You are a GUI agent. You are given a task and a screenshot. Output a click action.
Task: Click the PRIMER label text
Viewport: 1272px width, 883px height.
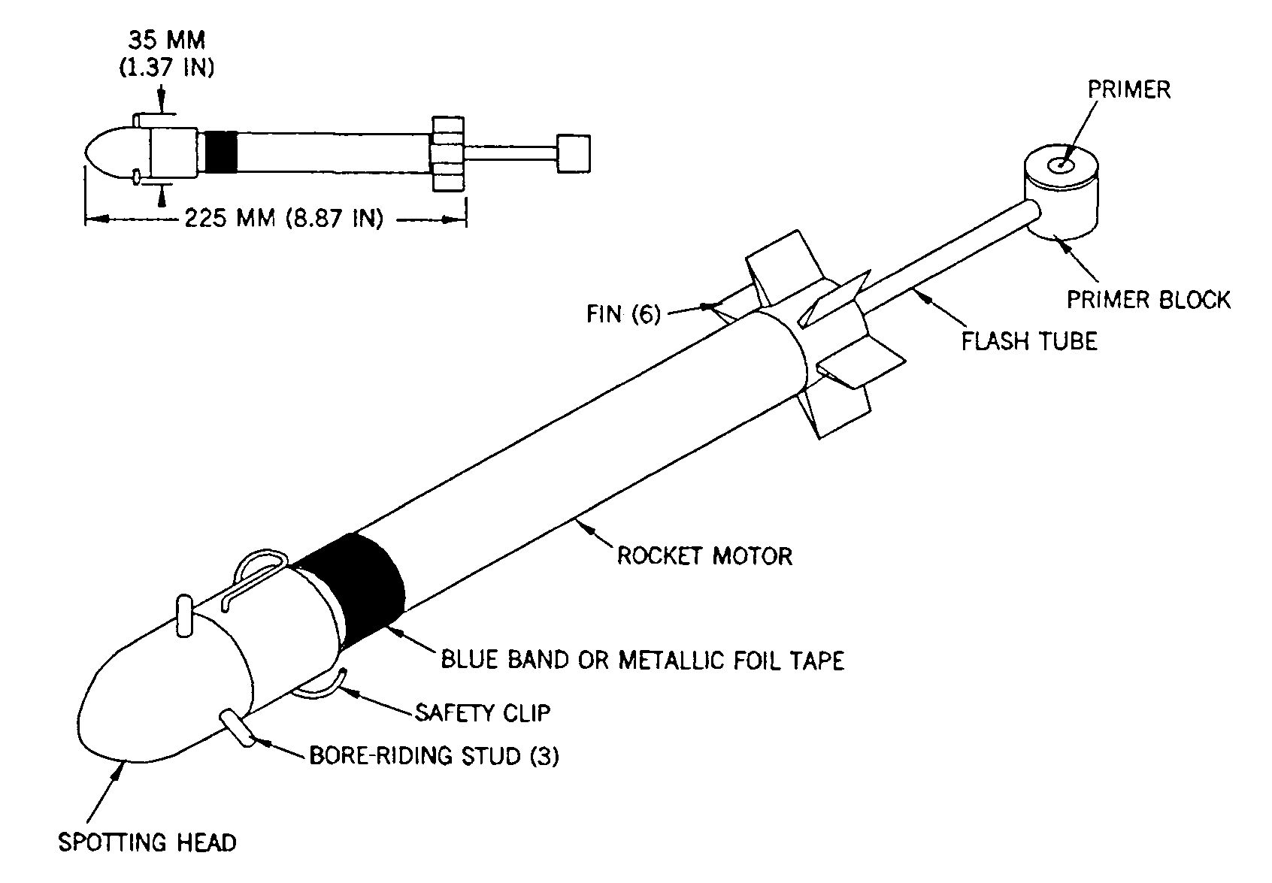coord(1128,89)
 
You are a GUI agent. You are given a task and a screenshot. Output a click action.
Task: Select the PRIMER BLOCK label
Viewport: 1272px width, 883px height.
coord(1148,299)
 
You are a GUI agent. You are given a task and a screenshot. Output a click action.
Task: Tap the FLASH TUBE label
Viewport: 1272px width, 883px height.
coord(1029,341)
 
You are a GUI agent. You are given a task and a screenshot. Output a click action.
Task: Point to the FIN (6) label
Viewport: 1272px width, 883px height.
coord(624,314)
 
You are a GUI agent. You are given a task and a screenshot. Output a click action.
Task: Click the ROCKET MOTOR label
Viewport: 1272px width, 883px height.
coord(704,555)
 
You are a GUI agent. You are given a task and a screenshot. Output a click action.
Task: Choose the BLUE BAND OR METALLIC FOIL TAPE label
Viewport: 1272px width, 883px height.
coord(642,660)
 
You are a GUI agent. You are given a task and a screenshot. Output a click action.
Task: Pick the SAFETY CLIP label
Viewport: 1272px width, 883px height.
coord(483,712)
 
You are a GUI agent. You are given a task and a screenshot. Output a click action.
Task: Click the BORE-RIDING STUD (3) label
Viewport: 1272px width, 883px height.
coord(434,755)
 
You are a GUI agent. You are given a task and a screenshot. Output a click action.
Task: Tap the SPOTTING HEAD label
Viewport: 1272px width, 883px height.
coord(147,842)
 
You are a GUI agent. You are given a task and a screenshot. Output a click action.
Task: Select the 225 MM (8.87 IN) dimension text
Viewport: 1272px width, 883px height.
coord(284,218)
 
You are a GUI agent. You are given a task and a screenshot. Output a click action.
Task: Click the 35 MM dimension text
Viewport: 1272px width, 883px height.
coord(166,41)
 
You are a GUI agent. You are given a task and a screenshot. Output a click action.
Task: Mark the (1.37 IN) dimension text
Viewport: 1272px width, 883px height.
coord(166,68)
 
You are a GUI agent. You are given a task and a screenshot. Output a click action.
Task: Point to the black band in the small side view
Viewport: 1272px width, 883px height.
coord(220,152)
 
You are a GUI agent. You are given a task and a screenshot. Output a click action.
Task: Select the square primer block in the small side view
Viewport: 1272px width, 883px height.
coord(574,153)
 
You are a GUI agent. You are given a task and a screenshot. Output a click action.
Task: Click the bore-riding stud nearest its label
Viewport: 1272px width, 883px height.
coord(238,728)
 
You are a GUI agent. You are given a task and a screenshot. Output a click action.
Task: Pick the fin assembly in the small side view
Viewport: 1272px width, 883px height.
coord(447,154)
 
